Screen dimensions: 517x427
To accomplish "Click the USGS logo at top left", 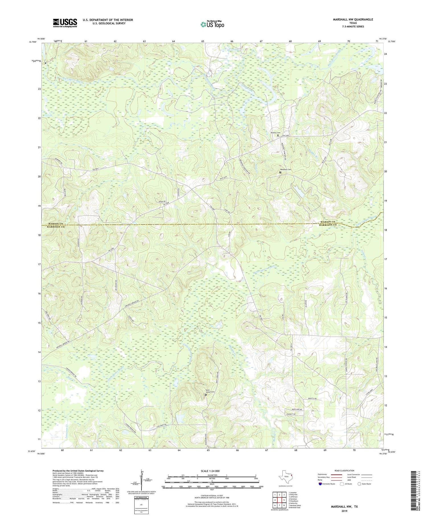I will tap(65, 23).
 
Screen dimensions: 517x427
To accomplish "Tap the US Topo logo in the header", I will tap(212, 25).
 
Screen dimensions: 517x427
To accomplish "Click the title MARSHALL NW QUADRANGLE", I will tap(349, 19).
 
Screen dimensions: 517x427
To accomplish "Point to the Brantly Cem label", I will tap(275, 133).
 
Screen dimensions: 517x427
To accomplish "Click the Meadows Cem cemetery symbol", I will tap(280, 172).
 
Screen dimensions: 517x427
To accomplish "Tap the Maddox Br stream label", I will tap(313, 155).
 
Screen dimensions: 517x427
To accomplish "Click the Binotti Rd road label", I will tap(311, 399).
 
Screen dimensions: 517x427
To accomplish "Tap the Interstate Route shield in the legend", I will tap(321, 484).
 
